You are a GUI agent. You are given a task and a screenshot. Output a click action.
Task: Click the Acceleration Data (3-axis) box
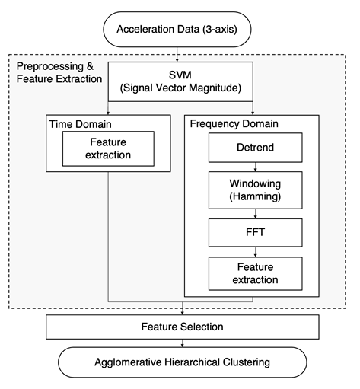pos(177,29)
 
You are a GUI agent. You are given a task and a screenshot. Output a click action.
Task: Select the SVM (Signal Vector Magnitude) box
pos(180,81)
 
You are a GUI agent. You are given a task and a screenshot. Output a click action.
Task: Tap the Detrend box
pos(255,148)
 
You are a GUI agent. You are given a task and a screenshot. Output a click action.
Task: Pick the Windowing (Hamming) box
pos(255,190)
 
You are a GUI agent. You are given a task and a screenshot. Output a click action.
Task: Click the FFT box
pos(255,232)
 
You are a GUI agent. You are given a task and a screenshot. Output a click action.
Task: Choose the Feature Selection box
pos(183,327)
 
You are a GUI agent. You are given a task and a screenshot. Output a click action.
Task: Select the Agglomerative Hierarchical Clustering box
pos(183,362)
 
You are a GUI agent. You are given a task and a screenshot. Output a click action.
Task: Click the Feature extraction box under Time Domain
pos(108,148)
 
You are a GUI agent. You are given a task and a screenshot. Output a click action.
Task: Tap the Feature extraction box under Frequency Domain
pos(255,273)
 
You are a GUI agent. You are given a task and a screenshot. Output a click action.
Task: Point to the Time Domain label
pos(81,124)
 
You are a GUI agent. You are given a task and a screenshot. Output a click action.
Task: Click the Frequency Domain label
pos(234,124)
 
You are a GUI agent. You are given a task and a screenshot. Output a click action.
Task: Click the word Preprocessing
pos(50,66)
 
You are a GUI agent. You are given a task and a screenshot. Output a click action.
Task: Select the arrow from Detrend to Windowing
pos(255,167)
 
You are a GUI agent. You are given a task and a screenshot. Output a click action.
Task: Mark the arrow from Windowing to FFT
pos(255,214)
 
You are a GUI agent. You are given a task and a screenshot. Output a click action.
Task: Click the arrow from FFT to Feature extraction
pos(255,252)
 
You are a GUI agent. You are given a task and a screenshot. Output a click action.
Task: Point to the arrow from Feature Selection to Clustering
pos(182,343)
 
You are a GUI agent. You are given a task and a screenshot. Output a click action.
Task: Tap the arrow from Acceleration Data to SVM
pos(177,55)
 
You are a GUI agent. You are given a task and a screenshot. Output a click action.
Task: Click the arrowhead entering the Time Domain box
pos(108,113)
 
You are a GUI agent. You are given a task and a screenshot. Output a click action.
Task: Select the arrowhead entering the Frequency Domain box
pos(253,113)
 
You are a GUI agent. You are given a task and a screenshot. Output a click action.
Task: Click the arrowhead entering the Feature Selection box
pos(182,313)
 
